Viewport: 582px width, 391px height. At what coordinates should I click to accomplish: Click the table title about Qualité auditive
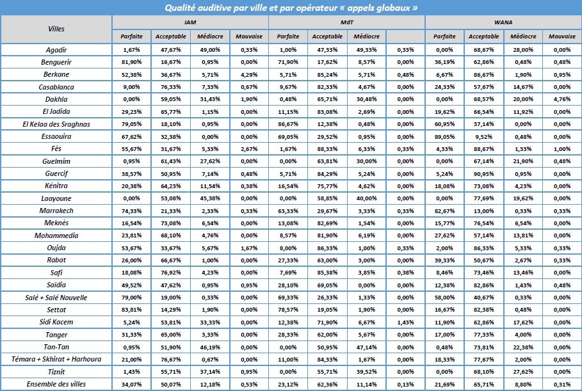click(x=291, y=8)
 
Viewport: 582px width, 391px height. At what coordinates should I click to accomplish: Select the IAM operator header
click(x=190, y=22)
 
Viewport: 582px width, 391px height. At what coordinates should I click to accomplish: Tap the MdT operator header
click(x=346, y=22)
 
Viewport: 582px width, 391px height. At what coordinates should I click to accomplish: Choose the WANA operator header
click(x=503, y=22)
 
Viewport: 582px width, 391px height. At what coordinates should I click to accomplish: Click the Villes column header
click(x=56, y=29)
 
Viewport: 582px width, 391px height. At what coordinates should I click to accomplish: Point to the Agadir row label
click(x=56, y=50)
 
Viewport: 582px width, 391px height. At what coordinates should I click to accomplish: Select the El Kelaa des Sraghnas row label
click(x=56, y=123)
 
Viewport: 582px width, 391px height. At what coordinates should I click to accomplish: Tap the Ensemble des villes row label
click(x=56, y=384)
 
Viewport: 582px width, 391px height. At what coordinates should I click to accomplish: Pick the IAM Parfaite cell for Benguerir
click(x=132, y=62)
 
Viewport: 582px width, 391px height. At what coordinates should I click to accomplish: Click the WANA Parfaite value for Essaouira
click(x=444, y=135)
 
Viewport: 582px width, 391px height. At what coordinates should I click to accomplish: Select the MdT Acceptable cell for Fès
click(x=327, y=147)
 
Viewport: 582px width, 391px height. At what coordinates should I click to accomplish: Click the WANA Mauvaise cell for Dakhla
click(x=561, y=99)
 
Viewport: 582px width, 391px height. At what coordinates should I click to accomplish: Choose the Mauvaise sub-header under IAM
click(x=249, y=36)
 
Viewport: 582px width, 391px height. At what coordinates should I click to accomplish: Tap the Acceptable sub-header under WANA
click(x=483, y=36)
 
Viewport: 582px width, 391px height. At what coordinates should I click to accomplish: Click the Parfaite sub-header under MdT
click(x=288, y=36)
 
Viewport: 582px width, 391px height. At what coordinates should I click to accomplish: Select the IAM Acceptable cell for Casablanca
click(x=171, y=86)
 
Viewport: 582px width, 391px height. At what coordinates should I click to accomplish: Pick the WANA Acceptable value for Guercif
click(x=483, y=172)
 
